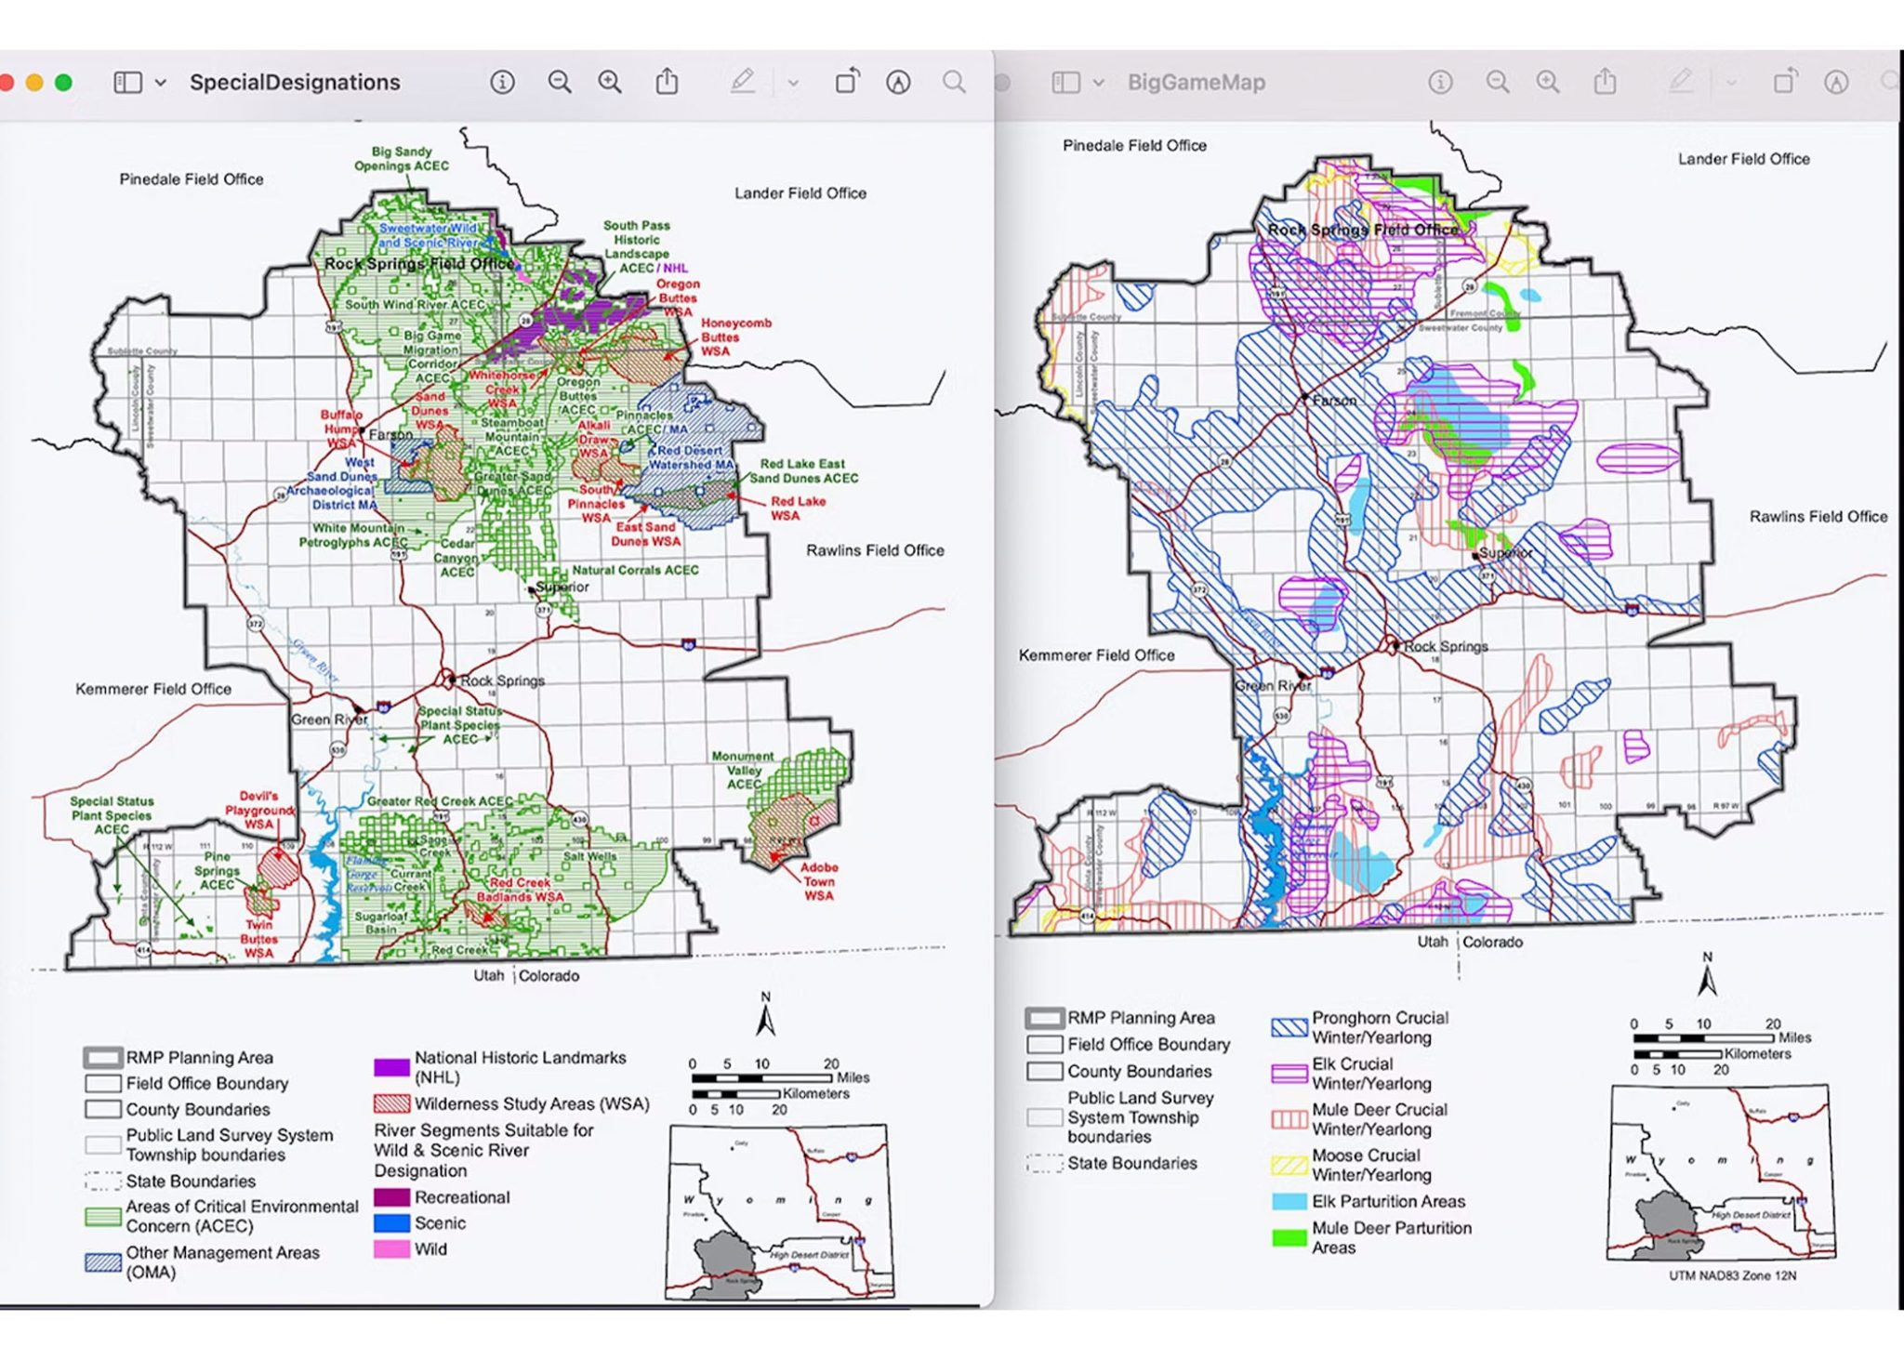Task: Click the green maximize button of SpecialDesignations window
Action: [x=63, y=83]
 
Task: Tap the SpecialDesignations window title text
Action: [x=295, y=83]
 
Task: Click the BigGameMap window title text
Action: [x=1196, y=83]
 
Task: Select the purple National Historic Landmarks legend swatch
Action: [x=391, y=1067]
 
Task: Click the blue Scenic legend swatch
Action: [x=391, y=1223]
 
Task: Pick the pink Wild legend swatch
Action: [x=391, y=1249]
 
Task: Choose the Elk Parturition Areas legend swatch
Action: [x=1289, y=1201]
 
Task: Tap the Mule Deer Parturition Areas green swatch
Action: [x=1289, y=1237]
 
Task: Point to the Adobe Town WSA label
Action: [x=818, y=881]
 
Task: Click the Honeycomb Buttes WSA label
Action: [x=734, y=337]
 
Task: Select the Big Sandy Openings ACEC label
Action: [x=401, y=158]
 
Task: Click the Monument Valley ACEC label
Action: [x=742, y=770]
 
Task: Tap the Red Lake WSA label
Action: [x=797, y=508]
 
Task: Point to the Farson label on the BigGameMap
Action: [x=1334, y=401]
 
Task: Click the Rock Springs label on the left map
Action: [x=502, y=680]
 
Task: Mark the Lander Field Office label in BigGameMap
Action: [x=1743, y=159]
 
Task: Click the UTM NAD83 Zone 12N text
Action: [x=1732, y=1275]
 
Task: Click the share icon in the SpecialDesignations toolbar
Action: [x=667, y=83]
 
